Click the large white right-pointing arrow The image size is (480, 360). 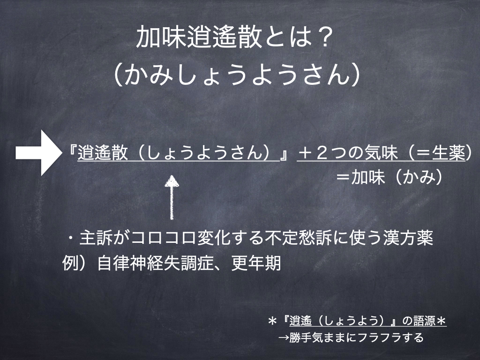tap(39, 153)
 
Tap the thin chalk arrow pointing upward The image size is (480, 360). tap(172, 197)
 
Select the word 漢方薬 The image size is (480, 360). tap(408, 238)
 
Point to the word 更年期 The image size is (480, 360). tap(256, 263)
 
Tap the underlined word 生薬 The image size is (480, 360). tap(449, 153)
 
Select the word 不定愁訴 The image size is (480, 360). tap(299, 238)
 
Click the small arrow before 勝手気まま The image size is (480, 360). tap(283, 337)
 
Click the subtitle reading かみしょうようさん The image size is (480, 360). tap(237, 75)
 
